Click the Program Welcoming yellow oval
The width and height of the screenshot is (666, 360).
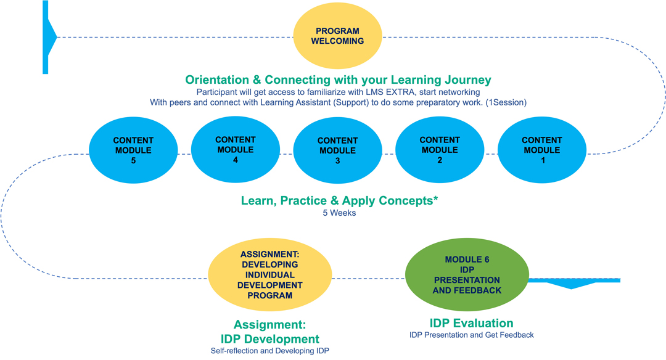pyautogui.click(x=337, y=36)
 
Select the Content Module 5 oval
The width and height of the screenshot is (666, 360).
pyautogui.click(x=133, y=150)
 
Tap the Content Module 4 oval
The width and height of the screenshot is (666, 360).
pyautogui.click(x=236, y=150)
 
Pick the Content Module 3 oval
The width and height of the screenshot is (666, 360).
pyautogui.click(x=337, y=150)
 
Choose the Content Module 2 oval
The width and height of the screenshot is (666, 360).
pyautogui.click(x=439, y=150)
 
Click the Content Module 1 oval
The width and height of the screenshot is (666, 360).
pyautogui.click(x=541, y=150)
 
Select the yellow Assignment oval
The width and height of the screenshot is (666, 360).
pyautogui.click(x=269, y=275)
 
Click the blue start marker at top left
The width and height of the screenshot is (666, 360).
pyautogui.click(x=48, y=37)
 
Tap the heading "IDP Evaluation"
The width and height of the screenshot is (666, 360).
pyautogui.click(x=471, y=323)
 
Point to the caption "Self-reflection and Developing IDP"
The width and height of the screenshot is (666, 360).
pyautogui.click(x=269, y=351)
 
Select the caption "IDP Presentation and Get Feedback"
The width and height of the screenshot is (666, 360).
pyautogui.click(x=471, y=335)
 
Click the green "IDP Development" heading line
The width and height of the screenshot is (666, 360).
pyautogui.click(x=269, y=338)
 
